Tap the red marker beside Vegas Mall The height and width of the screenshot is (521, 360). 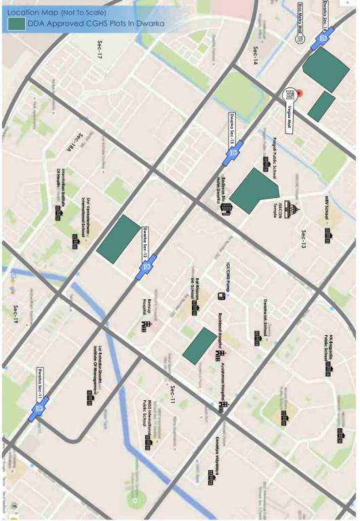point(300,94)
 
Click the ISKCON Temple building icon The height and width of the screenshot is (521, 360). point(290,210)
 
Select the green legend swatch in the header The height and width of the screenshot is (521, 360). point(16,24)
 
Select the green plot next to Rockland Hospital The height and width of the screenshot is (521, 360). point(199,345)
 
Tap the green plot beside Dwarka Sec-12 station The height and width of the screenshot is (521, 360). point(119,239)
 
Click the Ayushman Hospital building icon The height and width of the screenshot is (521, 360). point(224,407)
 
